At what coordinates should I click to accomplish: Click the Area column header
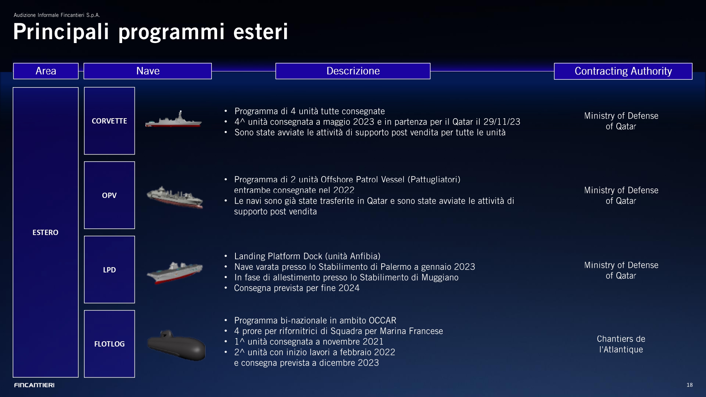(x=46, y=71)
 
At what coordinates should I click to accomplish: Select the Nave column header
(x=148, y=71)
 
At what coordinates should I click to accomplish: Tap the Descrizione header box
(x=353, y=71)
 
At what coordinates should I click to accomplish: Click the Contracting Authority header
(x=623, y=71)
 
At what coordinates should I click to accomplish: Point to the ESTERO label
(x=46, y=232)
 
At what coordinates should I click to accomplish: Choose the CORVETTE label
(x=109, y=121)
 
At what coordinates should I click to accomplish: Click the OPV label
(x=109, y=195)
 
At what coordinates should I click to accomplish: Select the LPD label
(x=109, y=270)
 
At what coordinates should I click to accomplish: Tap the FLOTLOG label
(x=109, y=344)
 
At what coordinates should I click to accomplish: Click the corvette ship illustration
(x=173, y=119)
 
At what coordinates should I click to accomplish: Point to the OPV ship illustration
(x=175, y=197)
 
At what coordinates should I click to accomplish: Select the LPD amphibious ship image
(x=175, y=272)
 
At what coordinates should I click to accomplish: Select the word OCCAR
(x=382, y=320)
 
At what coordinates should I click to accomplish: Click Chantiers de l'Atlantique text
(x=621, y=344)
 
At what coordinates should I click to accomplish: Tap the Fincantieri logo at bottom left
(x=34, y=385)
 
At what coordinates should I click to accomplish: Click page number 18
(x=690, y=385)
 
